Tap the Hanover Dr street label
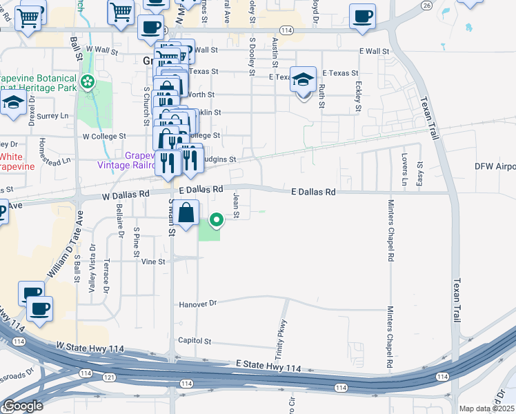[197, 304]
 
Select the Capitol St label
[195, 341]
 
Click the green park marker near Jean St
[217, 221]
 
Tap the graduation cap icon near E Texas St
[303, 80]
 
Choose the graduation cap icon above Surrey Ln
[13, 103]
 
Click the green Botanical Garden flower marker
[88, 83]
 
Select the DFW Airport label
[495, 167]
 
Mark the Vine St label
[153, 262]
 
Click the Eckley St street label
[358, 98]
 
